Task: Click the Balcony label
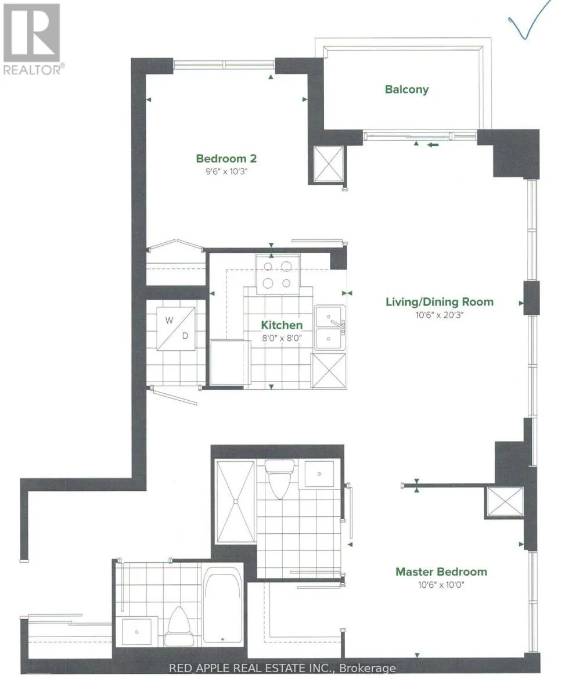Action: click(406, 89)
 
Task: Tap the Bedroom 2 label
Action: click(226, 159)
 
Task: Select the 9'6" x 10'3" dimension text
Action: click(226, 171)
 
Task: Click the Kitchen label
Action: click(282, 325)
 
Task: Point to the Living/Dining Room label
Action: click(440, 301)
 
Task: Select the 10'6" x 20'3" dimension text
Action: click(440, 315)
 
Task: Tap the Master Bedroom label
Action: click(441, 572)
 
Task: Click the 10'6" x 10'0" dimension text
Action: click(441, 585)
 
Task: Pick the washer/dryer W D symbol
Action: click(176, 329)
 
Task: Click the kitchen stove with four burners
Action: click(278, 274)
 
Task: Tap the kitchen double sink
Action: click(330, 328)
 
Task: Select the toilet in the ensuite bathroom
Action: click(279, 479)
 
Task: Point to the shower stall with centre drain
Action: click(236, 502)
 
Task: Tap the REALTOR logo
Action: click(32, 38)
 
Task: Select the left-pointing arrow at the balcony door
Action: click(433, 144)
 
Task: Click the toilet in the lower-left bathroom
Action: click(177, 626)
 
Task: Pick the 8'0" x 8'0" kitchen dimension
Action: click(282, 339)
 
